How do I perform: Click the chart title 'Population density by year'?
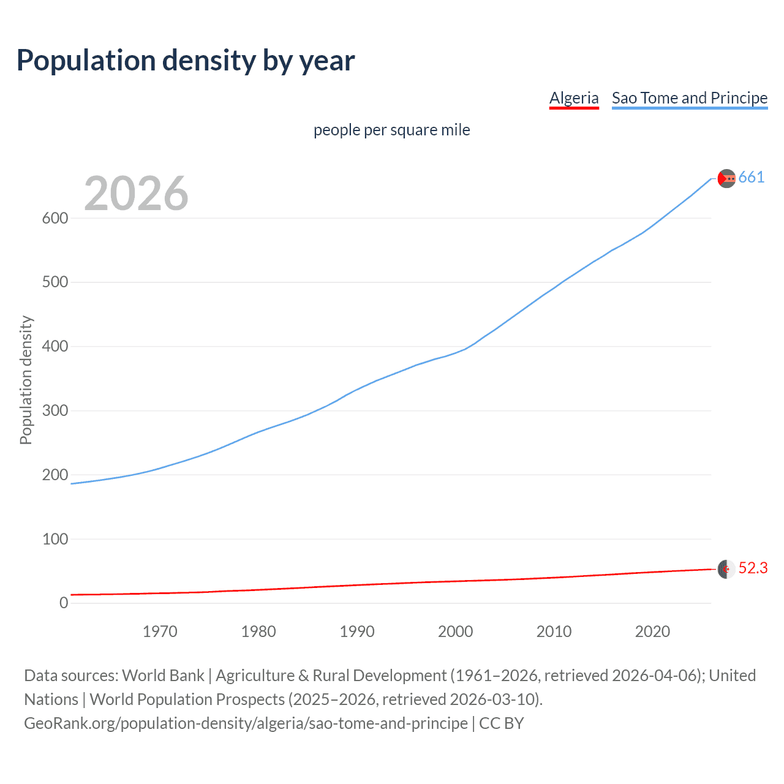[x=186, y=61]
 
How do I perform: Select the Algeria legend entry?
[x=574, y=98]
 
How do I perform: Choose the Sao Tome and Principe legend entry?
[x=690, y=98]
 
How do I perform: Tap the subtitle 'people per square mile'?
[x=392, y=130]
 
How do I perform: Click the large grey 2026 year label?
[x=136, y=194]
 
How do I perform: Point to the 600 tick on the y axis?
[x=55, y=218]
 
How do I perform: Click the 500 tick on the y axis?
[x=55, y=282]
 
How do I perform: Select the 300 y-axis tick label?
[x=55, y=410]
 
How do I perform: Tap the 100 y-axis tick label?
[x=55, y=539]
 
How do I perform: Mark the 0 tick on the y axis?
[x=64, y=603]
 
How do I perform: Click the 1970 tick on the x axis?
[x=160, y=631]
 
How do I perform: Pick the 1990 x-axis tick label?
[x=357, y=631]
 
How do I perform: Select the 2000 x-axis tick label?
[x=456, y=631]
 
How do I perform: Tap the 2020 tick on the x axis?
[x=652, y=631]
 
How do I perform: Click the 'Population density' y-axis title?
[x=26, y=380]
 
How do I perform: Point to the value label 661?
[x=752, y=178]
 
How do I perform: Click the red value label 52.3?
[x=753, y=568]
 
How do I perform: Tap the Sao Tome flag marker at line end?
[x=726, y=178]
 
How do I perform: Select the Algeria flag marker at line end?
[x=726, y=569]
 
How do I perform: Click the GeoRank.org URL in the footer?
[x=246, y=723]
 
